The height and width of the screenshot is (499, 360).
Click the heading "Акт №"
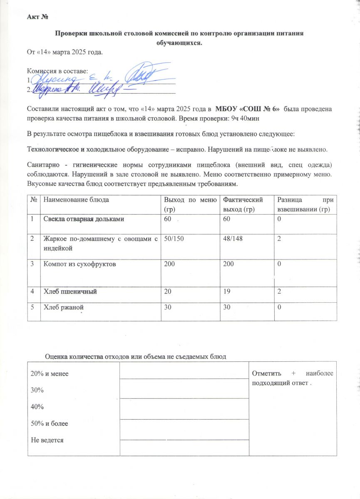point(38,17)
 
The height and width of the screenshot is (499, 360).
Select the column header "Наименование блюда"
point(76,200)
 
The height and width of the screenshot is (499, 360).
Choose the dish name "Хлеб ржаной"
point(64,307)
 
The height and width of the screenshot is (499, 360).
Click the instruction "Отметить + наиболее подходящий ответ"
point(292,378)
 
